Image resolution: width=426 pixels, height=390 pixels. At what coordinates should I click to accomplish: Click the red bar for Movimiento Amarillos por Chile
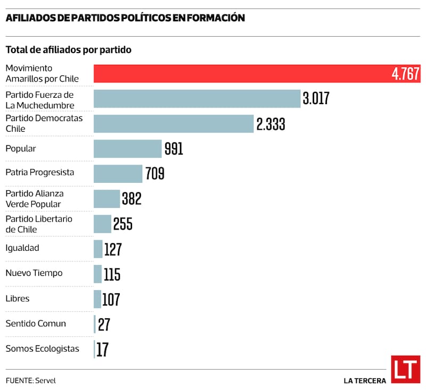[x=240, y=74]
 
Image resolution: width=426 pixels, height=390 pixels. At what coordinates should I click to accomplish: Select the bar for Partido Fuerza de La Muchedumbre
[x=197, y=99]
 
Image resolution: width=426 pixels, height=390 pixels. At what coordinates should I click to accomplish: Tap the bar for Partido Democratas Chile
[x=174, y=124]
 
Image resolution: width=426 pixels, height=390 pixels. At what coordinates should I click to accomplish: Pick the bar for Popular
[x=127, y=149]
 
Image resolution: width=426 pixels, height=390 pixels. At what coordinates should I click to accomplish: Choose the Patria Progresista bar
[x=118, y=174]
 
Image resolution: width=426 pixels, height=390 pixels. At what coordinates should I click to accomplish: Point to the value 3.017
[x=316, y=99]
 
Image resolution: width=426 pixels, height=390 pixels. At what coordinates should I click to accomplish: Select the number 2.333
[x=271, y=124]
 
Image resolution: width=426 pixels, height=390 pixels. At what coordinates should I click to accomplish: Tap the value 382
[x=132, y=199]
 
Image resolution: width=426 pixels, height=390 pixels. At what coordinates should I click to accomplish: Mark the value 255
[x=122, y=224]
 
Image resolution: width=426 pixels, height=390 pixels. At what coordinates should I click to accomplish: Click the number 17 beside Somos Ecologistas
[x=103, y=349]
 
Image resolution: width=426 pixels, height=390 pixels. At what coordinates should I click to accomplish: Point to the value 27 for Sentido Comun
[x=104, y=324]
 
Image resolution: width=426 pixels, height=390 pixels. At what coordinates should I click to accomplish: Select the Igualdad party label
[x=22, y=248]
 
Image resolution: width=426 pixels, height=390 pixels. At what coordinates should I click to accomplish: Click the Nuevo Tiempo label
[x=34, y=273]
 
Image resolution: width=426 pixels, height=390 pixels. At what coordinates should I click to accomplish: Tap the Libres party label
[x=17, y=298]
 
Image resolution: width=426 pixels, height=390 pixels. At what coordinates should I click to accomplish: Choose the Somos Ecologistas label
[x=42, y=349]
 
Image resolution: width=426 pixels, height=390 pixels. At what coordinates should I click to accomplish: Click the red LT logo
[x=405, y=369]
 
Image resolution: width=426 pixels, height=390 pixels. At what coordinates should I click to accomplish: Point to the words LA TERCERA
[x=365, y=380]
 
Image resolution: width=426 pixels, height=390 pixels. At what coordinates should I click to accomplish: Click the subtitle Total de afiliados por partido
[x=69, y=50]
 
